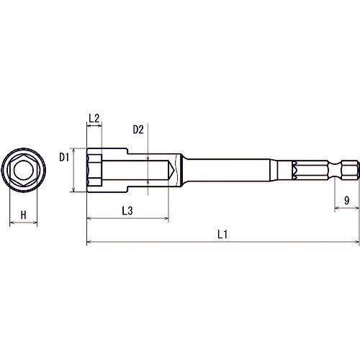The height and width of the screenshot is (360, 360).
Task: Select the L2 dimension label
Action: click(94, 117)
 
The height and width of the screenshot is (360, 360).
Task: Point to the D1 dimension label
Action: click(63, 156)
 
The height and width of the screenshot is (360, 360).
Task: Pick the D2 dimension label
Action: click(139, 130)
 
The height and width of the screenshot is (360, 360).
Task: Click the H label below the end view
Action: click(23, 215)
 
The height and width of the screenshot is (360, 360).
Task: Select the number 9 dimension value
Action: click(347, 201)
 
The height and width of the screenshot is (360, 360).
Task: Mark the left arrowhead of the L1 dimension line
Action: click(89, 243)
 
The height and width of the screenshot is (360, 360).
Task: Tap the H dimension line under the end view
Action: click(23, 224)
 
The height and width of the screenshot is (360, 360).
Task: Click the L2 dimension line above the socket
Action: click(94, 127)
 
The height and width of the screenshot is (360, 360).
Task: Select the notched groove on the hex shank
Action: click(294, 171)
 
